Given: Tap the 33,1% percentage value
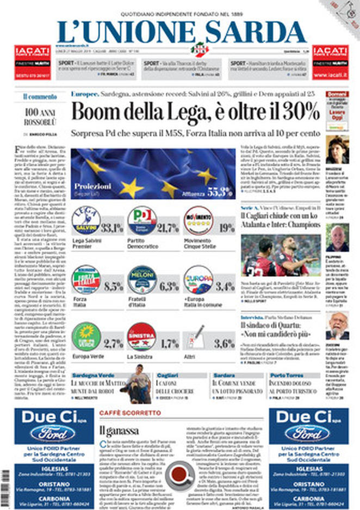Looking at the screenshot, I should coord(113,228).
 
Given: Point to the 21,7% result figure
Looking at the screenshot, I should coord(167,228).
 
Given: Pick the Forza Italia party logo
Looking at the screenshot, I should coord(86,280).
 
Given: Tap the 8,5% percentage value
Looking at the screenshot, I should coord(113,286).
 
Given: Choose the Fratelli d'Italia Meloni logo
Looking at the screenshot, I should coord(142,280).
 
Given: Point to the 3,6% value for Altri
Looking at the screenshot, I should coord(224,344).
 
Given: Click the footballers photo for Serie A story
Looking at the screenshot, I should coord(288,255).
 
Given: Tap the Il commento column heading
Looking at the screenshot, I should coord(40,97).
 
